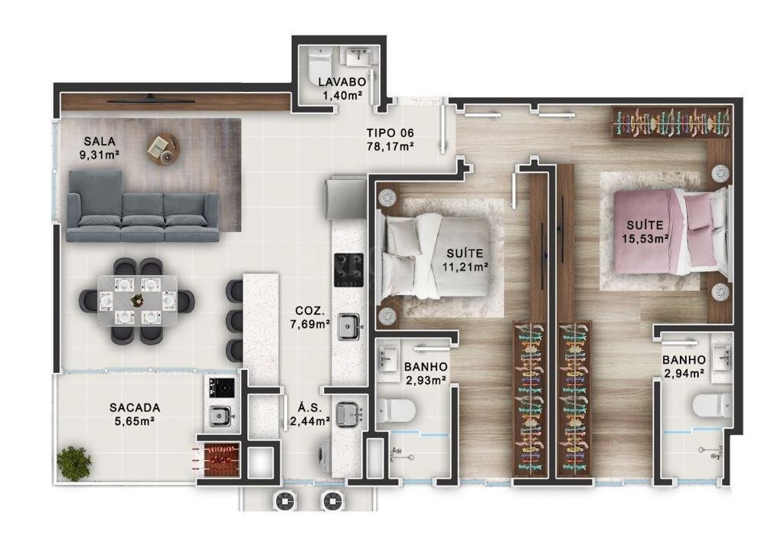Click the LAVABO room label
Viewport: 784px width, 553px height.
point(342,81)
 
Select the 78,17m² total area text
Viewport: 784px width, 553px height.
point(390,146)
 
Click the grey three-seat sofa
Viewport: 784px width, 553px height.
point(143,206)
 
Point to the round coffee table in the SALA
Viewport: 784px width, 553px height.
point(163,149)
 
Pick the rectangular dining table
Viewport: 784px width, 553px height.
point(137,301)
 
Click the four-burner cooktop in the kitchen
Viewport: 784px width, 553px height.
point(349,270)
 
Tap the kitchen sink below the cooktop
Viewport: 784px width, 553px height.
point(349,326)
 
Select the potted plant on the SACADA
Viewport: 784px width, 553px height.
point(74,463)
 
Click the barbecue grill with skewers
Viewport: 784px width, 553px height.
point(218,460)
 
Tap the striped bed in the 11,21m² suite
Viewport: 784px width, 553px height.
point(434,256)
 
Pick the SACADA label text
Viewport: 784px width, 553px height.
point(135,408)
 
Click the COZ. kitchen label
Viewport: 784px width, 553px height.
point(309,310)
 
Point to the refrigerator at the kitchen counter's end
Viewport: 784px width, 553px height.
point(345,198)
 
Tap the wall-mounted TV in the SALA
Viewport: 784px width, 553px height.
point(151,100)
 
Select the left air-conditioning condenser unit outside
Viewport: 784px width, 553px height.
point(286,500)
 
